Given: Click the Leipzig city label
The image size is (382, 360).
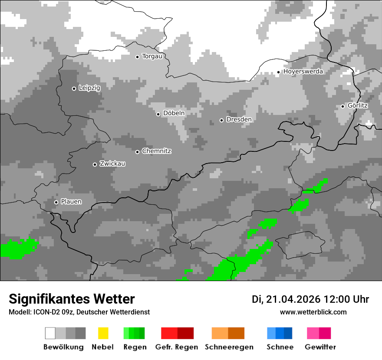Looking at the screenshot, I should point(89,88).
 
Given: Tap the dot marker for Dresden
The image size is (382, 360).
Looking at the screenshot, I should point(221,120).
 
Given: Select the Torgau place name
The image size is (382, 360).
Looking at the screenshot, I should point(152,56).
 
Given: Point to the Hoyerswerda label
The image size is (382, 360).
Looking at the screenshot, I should point(303,72).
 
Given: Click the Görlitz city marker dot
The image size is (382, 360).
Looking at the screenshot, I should point(342,106).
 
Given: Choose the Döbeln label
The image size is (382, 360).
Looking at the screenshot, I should point(174,114).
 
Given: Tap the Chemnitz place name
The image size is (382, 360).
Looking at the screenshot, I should point(156,151).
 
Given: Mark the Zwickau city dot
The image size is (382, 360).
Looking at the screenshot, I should point(95,164).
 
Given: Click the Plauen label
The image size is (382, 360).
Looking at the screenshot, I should point(71,202).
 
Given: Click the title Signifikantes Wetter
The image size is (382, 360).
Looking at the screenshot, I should point(72,299).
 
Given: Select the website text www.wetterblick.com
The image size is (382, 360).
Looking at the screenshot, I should point(313,312).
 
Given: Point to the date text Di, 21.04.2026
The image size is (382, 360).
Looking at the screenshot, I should point(286,299).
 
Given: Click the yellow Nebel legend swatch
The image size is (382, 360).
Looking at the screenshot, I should point(103,333).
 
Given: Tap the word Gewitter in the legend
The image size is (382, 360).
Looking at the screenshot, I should point(320,347).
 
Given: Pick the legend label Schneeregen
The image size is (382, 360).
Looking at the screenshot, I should point(229,347).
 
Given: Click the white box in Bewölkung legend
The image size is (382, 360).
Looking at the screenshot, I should point(50,333).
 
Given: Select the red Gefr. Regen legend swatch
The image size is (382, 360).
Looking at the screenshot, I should point(169,333).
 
